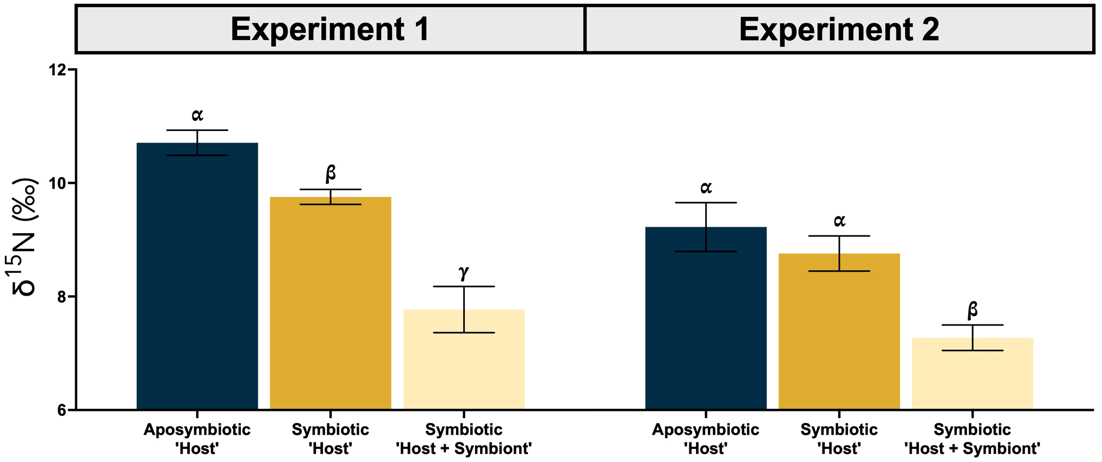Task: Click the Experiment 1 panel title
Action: pyautogui.click(x=330, y=29)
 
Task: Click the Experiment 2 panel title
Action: pyautogui.click(x=839, y=29)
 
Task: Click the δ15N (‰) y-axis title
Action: pyautogui.click(x=24, y=238)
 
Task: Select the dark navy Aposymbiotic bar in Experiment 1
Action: pyautogui.click(x=197, y=277)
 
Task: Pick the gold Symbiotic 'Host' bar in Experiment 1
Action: pyautogui.click(x=331, y=304)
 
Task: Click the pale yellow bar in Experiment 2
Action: pyautogui.click(x=972, y=375)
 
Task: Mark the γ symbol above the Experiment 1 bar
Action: pyautogui.click(x=464, y=272)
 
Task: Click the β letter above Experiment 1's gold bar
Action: pyautogui.click(x=331, y=173)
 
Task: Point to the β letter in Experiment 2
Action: pyautogui.click(x=972, y=310)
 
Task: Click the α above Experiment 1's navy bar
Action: pyautogui.click(x=197, y=115)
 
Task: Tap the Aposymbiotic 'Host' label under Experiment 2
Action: pyautogui.click(x=706, y=439)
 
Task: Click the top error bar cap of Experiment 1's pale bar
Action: pyautogui.click(x=464, y=286)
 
